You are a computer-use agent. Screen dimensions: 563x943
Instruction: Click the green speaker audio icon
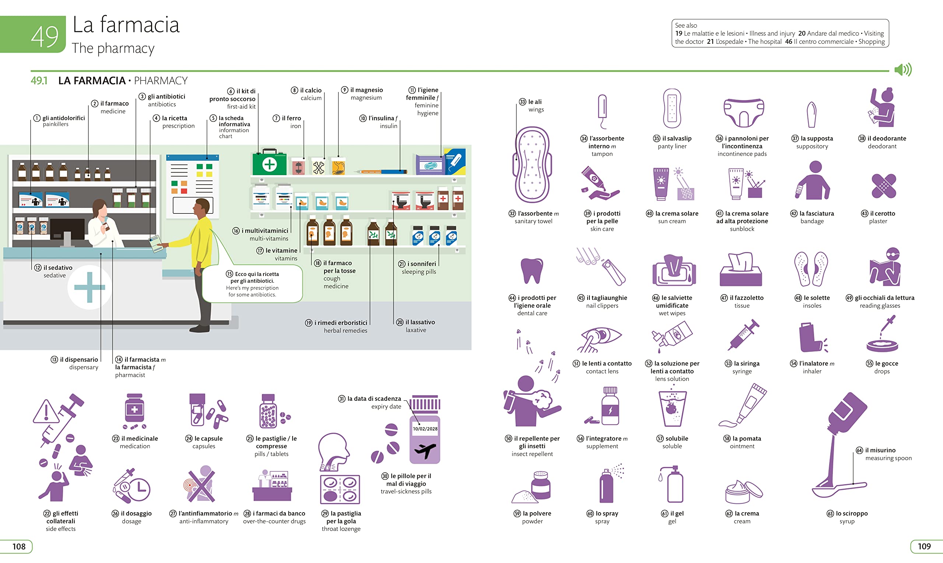903,70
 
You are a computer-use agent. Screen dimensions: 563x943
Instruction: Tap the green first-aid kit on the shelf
269,163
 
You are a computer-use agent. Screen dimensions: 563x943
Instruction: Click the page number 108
19,546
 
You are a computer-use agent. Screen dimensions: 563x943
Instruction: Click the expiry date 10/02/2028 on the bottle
425,429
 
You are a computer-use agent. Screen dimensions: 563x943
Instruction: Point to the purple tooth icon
532,270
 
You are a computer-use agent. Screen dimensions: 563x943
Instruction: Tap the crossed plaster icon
883,186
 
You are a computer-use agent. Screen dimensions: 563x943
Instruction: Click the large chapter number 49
45,37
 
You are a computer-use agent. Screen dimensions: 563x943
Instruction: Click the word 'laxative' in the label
416,330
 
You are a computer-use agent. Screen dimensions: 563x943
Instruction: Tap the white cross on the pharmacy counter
89,287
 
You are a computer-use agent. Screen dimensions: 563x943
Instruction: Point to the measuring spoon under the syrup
839,489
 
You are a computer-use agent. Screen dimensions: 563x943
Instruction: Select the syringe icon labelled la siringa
743,334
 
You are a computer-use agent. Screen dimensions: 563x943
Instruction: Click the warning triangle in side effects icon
46,412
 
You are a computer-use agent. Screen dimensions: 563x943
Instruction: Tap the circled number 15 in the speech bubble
229,274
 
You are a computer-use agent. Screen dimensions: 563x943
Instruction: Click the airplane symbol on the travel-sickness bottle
425,451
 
